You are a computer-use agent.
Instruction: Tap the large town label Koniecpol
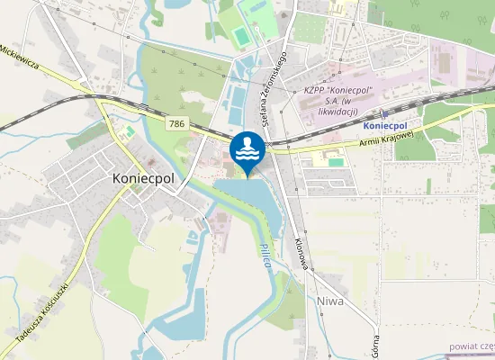pos(143,178)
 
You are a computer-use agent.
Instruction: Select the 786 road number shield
pos(175,121)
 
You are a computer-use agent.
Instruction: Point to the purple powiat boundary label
pos(473,345)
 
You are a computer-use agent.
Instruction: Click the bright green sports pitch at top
pos(241,36)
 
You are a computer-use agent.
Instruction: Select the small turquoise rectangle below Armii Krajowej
pos(336,162)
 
